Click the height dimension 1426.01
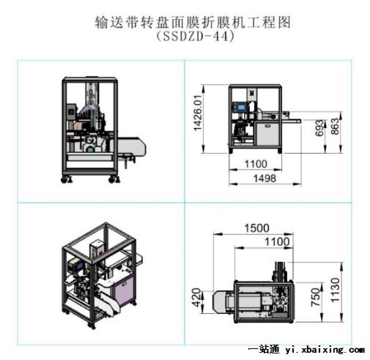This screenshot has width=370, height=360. tap(199, 113)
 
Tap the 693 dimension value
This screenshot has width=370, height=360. tap(319, 128)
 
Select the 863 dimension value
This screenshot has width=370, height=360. tap(335, 127)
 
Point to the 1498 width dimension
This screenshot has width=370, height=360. tap(264, 179)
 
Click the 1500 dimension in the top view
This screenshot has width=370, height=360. tap(256, 228)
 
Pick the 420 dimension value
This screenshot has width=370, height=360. tap(196, 297)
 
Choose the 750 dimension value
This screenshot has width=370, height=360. tap(316, 297)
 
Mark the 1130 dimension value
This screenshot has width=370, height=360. tap(335, 290)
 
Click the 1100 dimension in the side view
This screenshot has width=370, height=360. tap(256, 164)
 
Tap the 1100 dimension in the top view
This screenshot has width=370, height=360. tap(277, 242)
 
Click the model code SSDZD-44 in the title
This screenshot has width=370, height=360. tap(195, 37)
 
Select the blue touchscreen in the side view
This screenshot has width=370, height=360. tap(240, 107)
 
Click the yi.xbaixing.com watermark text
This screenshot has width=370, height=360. tap(325, 350)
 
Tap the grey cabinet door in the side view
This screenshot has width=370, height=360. tap(267, 135)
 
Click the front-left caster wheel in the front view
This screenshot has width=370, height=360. tap(64, 179)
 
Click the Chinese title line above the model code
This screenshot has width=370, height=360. tap(193, 23)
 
